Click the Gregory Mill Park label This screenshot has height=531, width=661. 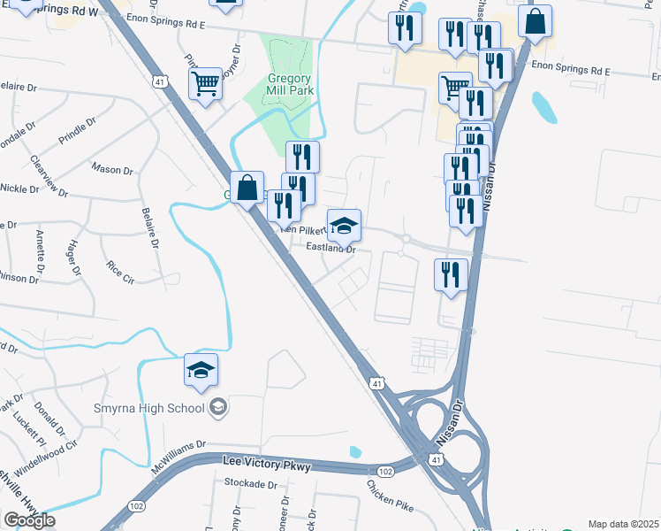(x=291, y=83)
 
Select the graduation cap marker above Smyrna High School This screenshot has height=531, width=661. (x=201, y=370)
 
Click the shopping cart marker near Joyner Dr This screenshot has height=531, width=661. (x=205, y=85)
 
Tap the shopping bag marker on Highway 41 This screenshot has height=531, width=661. (x=248, y=187)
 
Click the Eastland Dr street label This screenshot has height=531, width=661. (x=330, y=249)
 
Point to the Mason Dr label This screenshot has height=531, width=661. (x=112, y=167)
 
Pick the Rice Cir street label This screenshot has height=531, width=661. (x=119, y=271)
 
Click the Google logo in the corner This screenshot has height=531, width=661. (x=29, y=520)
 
